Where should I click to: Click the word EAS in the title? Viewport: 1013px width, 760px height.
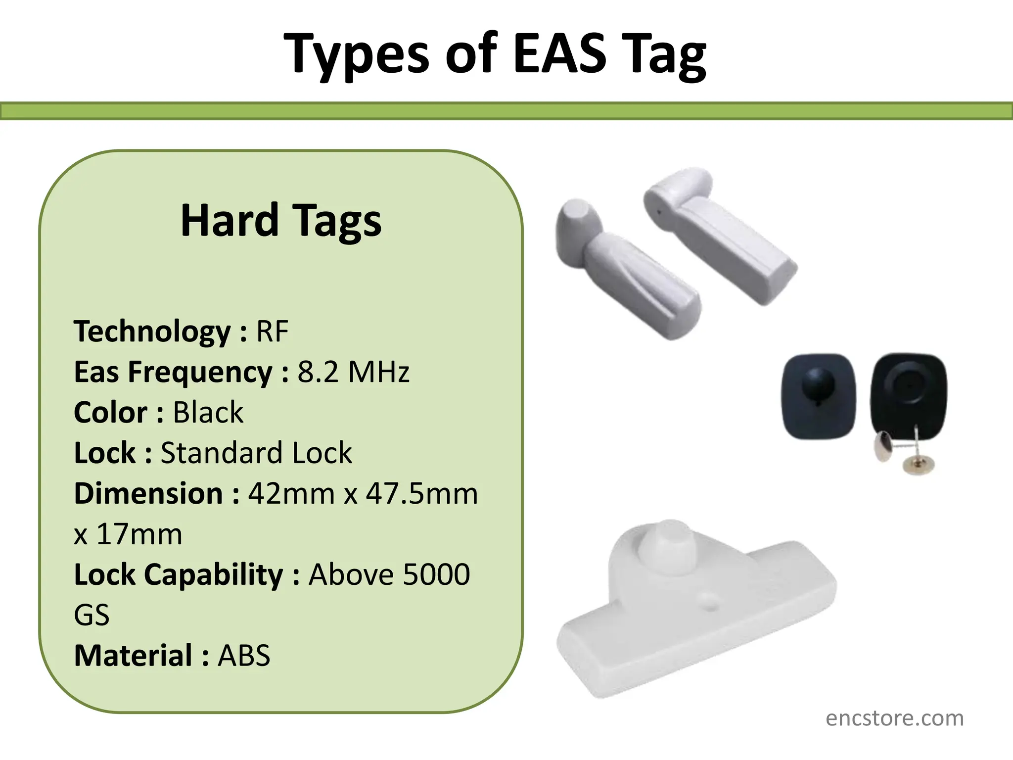coord(559,53)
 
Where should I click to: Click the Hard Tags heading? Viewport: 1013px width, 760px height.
coord(281,221)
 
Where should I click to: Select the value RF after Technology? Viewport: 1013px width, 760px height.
coord(272,332)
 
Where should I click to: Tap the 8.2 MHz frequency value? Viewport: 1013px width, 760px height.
coord(353,372)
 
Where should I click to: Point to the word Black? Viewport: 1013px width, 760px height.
coord(208,413)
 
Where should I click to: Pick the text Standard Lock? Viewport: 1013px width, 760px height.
coord(256,453)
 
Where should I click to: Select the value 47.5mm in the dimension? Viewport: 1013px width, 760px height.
coord(422,494)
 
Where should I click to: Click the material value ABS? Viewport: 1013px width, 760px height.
coord(244,656)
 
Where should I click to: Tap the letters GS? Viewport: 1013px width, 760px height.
coord(92,616)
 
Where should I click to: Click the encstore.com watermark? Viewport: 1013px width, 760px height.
coord(894,718)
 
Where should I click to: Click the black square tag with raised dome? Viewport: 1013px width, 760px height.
coord(818,396)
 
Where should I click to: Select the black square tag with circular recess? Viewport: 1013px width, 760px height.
coord(908,391)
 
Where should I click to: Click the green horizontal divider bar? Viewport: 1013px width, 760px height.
coord(506,111)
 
